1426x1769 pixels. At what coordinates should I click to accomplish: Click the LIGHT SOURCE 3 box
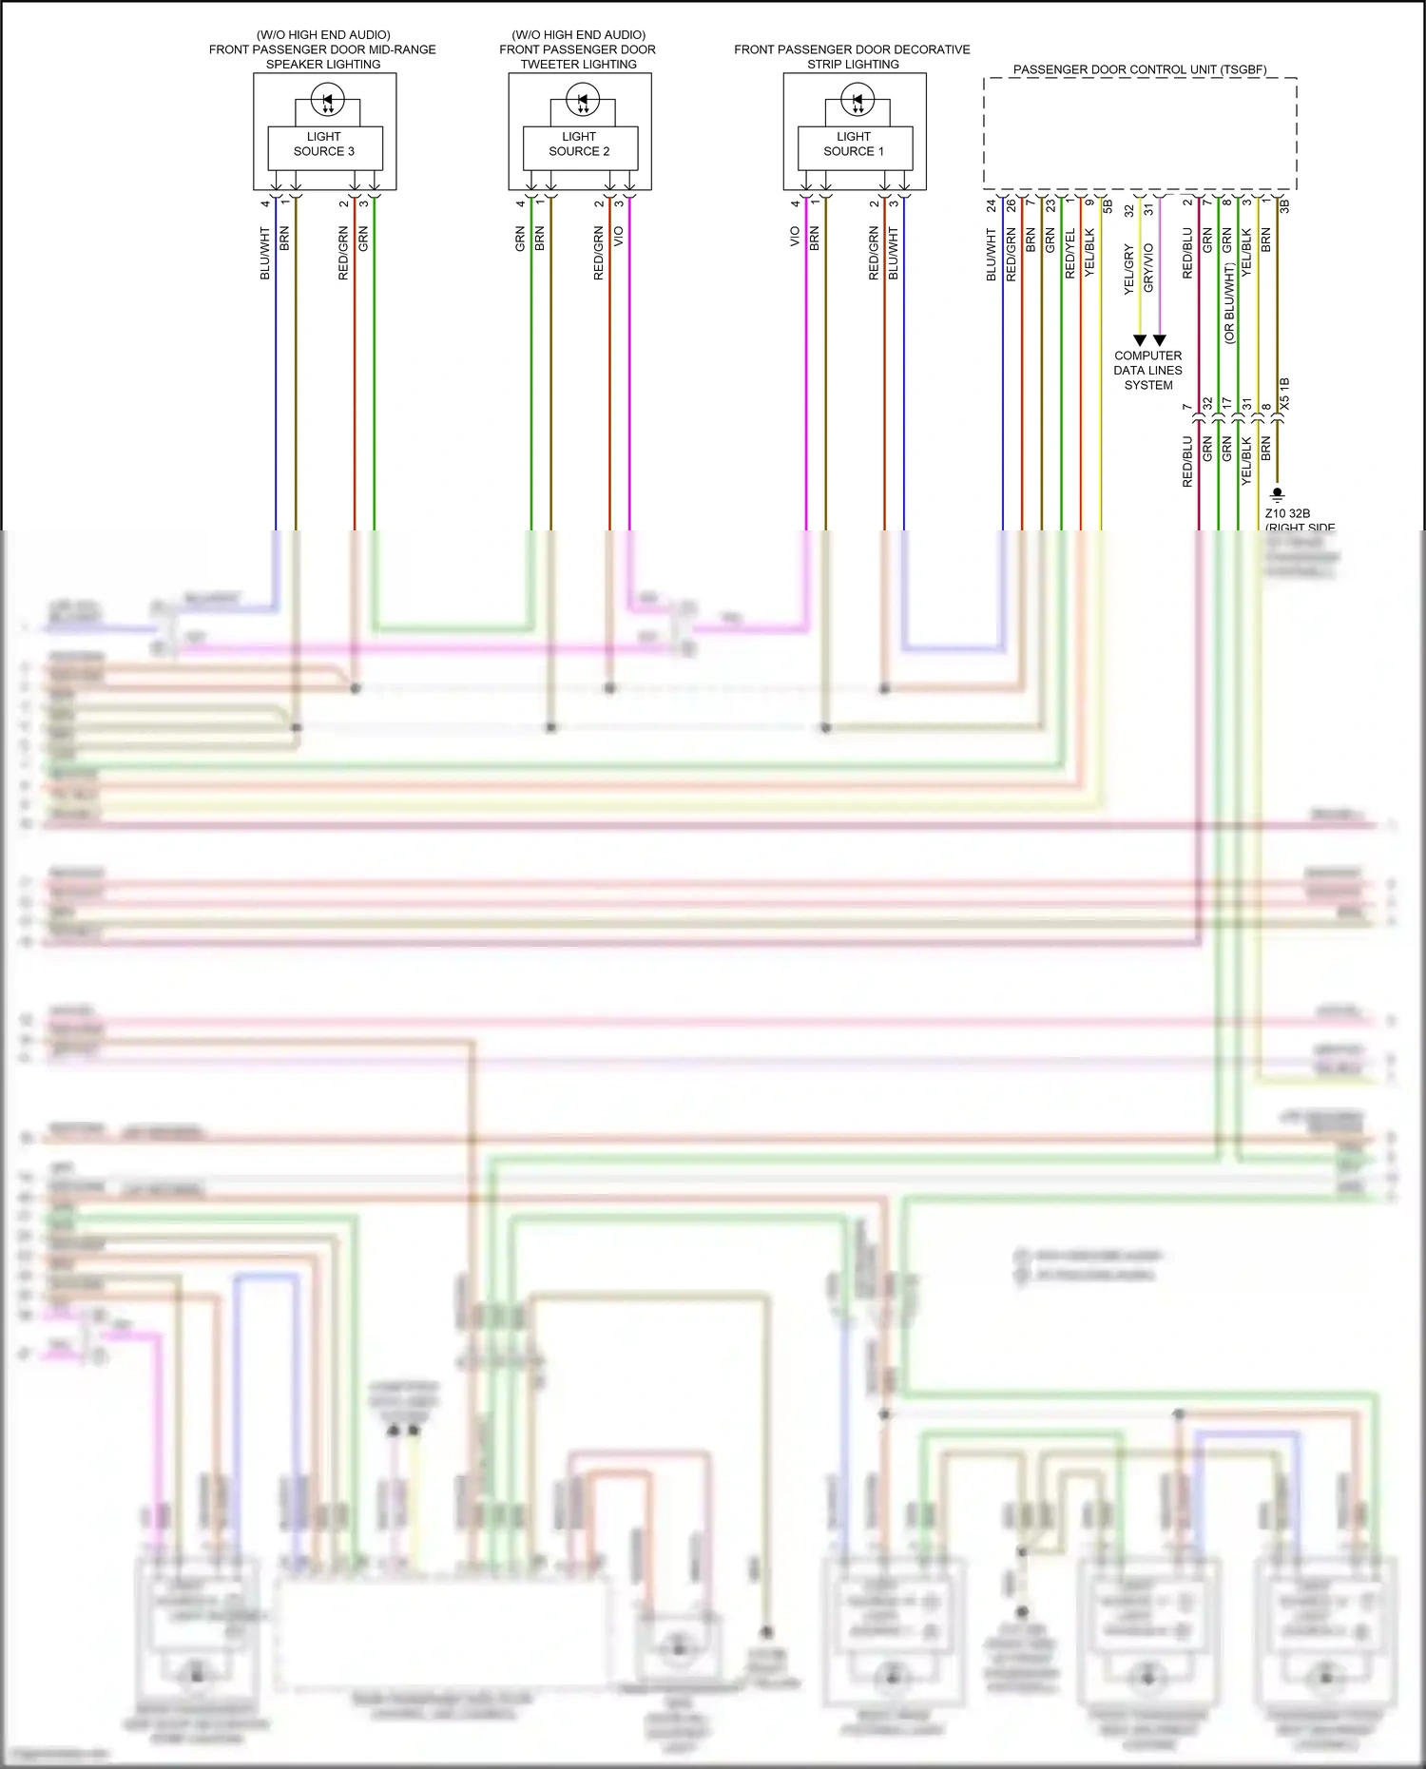(324, 144)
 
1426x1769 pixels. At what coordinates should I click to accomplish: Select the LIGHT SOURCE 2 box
(579, 144)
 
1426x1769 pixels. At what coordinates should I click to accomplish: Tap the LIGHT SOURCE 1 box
(854, 144)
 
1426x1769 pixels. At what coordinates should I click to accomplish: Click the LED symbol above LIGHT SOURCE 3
(328, 98)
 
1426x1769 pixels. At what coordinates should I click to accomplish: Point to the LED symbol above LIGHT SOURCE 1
(858, 98)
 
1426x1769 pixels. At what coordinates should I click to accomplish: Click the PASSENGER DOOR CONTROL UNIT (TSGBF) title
(1139, 69)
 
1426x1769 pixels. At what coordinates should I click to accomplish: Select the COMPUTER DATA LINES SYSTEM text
(1147, 370)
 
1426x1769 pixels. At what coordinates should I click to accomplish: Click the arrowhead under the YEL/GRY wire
(1140, 340)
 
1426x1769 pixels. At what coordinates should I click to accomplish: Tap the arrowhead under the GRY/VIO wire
(1160, 340)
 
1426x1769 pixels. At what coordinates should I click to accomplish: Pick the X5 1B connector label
(1284, 394)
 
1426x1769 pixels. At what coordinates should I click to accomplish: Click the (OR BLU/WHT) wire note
(1229, 304)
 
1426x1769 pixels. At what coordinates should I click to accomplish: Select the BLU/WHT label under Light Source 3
(265, 253)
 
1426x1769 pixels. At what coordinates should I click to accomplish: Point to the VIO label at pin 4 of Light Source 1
(795, 236)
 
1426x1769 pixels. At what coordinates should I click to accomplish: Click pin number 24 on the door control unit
(992, 204)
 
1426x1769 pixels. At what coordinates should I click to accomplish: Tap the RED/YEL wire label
(1069, 253)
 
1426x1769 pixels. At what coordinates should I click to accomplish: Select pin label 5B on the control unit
(1108, 204)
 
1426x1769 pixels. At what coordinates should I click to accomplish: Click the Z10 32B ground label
(1287, 513)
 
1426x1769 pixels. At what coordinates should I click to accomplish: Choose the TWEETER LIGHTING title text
(578, 64)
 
